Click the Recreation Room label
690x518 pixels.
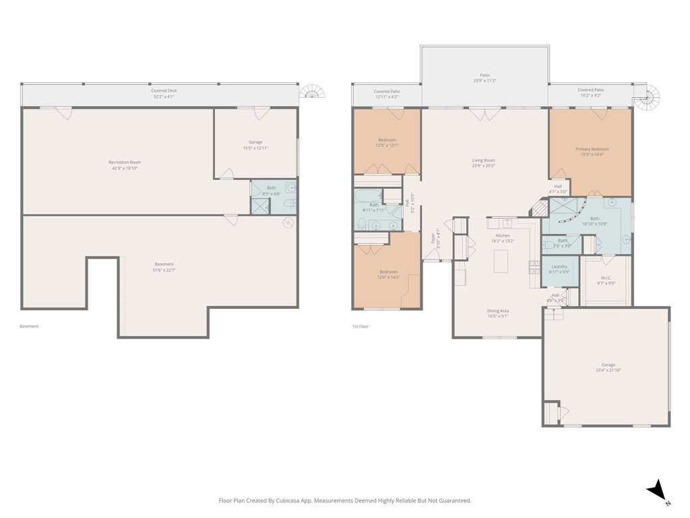tap(125, 162)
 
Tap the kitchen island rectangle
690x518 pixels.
tap(501, 261)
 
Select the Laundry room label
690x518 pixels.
tap(559, 266)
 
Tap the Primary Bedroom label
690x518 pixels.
tap(592, 149)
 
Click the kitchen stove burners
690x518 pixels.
tap(534, 264)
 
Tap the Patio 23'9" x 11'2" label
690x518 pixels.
tap(484, 78)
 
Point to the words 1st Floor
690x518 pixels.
tap(360, 326)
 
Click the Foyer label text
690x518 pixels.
tap(433, 238)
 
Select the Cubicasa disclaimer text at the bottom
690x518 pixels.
tap(345, 500)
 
